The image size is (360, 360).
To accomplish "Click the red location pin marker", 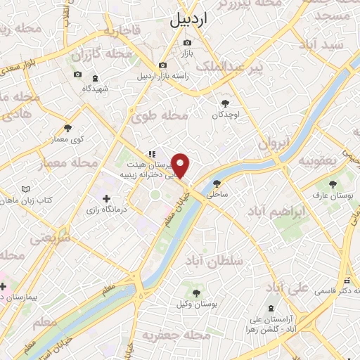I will (181, 166).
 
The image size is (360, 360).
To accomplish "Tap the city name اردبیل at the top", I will (191, 21).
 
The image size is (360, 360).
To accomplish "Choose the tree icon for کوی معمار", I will (68, 128).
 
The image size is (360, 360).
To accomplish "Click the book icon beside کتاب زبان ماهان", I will (26, 190).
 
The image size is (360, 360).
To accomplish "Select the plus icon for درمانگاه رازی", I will (105, 199).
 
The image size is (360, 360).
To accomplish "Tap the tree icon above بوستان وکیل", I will (197, 293).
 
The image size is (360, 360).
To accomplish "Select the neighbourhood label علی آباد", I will (283, 287).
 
